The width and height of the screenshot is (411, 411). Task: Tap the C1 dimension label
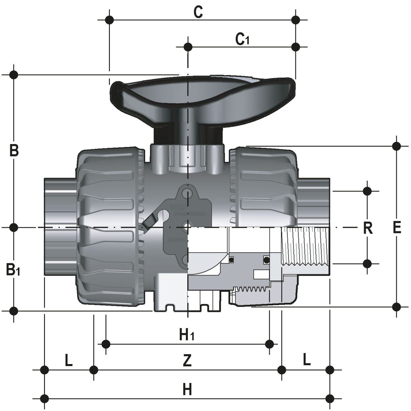(x=242, y=39)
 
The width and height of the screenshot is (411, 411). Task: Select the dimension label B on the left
(x=14, y=151)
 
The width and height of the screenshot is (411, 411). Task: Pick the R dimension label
(x=368, y=228)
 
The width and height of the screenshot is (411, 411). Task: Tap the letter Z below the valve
(x=187, y=361)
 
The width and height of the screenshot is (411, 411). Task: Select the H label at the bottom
(x=187, y=389)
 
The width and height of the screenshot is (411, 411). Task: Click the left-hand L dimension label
(x=68, y=361)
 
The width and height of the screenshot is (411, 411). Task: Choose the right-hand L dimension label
(x=307, y=359)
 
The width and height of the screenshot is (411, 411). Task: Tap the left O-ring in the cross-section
(x=231, y=260)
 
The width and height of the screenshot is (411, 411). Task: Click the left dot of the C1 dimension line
(x=188, y=47)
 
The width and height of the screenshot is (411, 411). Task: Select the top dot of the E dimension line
(x=396, y=146)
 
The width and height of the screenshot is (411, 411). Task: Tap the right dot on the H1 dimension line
(x=270, y=344)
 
